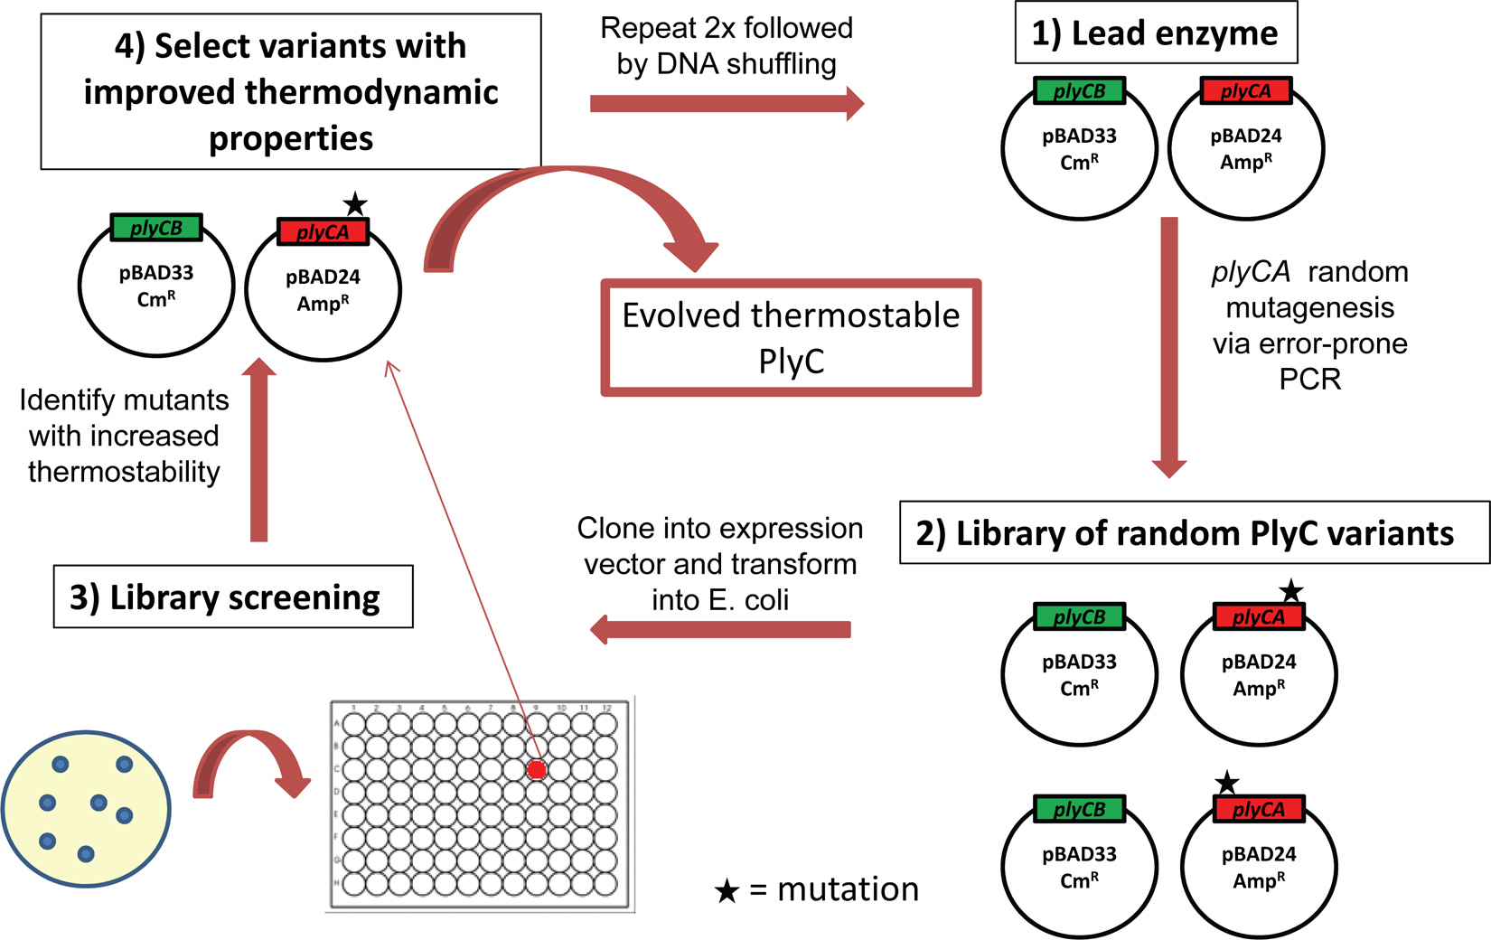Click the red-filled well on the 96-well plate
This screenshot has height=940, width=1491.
[x=537, y=769]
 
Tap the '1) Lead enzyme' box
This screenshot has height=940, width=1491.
[x=1155, y=33]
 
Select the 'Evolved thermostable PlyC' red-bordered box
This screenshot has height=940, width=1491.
[x=791, y=338]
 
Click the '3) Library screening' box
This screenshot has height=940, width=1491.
[x=233, y=597]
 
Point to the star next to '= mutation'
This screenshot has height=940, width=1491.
[x=727, y=891]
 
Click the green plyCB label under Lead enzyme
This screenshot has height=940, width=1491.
[x=1079, y=91]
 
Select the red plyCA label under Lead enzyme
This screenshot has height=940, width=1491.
[x=1245, y=91]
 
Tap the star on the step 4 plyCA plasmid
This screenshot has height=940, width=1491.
[x=355, y=204]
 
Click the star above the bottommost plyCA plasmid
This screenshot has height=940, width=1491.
[x=1226, y=783]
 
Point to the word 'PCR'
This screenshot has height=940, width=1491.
[x=1309, y=380]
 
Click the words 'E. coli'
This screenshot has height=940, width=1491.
[x=720, y=600]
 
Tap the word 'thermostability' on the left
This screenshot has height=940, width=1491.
[x=124, y=472]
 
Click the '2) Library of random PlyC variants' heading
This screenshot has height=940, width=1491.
[x=1185, y=533]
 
